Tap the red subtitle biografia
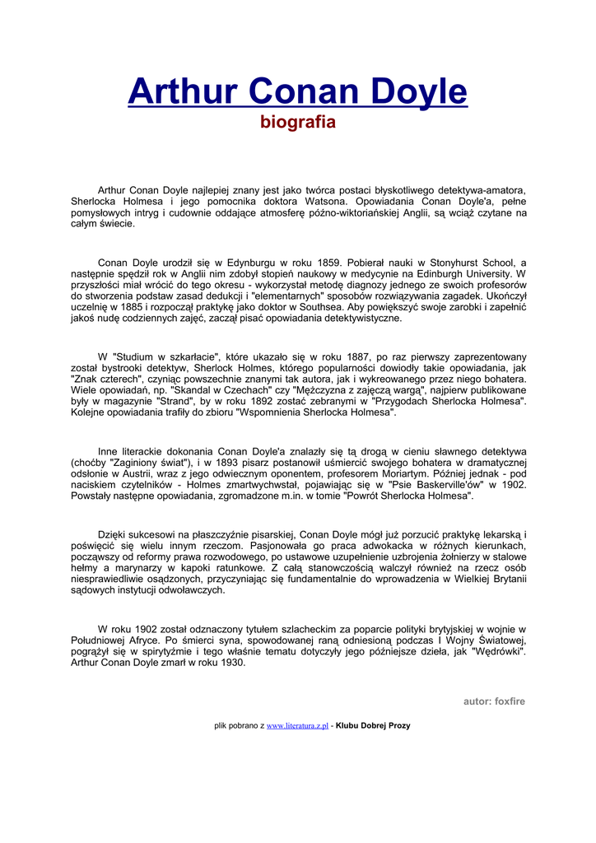click(x=298, y=123)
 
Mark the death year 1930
click(x=233, y=663)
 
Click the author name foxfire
click(x=510, y=701)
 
